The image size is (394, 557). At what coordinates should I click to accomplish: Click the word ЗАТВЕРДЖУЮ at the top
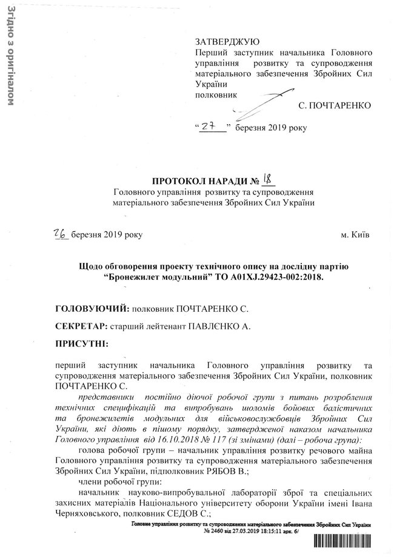(x=227, y=42)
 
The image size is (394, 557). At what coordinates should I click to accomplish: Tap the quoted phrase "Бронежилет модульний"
(x=154, y=277)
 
